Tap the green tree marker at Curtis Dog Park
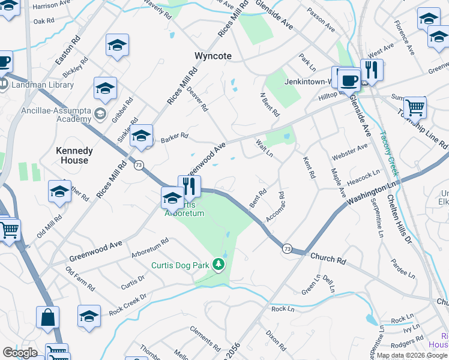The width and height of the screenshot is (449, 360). point(220,265)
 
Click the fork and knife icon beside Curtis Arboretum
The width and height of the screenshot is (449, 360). point(190,185)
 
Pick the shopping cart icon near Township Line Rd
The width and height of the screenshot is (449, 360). point(415,107)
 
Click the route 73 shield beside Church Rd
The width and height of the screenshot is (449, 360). point(288,248)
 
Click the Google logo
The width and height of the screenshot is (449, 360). point(20,353)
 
